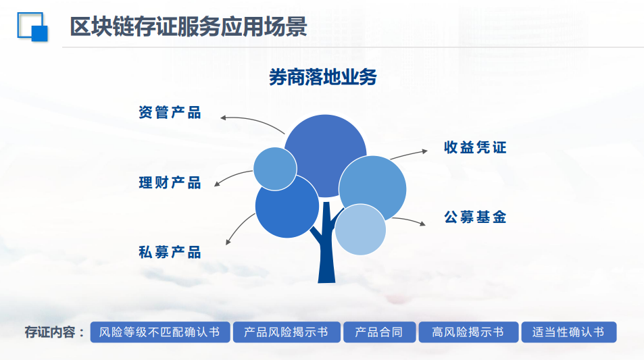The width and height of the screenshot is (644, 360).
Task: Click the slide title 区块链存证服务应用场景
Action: point(189,27)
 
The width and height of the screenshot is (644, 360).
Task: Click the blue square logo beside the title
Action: point(32,27)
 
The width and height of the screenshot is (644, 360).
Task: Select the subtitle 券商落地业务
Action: point(323,77)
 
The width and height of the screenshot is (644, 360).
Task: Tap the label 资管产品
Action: point(170,113)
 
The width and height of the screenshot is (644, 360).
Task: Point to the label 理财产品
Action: point(170,182)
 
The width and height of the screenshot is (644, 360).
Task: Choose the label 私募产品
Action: point(170,252)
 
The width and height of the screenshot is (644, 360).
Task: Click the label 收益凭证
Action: point(475,147)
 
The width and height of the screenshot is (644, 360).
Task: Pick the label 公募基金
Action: point(475,217)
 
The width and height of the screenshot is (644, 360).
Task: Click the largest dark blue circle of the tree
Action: point(325,155)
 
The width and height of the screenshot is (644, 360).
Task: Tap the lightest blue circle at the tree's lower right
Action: point(361,230)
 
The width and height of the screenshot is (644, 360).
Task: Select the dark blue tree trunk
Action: point(326,247)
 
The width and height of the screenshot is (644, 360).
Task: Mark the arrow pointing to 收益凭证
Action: point(409,154)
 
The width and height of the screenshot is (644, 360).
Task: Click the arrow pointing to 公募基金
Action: point(410,220)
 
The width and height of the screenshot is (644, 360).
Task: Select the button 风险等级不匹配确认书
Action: point(160,332)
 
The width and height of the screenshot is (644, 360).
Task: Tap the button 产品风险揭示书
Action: point(287,332)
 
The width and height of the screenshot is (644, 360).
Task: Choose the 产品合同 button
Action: point(380,332)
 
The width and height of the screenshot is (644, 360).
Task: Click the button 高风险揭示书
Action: point(468,332)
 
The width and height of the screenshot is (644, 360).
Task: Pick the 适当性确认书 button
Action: point(569,332)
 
